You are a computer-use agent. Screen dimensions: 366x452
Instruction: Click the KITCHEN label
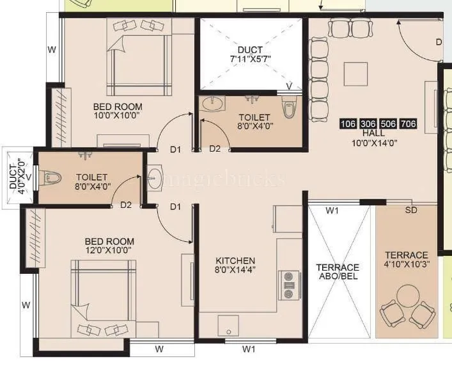[x=235, y=260]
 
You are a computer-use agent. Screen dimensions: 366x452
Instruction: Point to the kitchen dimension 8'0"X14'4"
[x=235, y=271]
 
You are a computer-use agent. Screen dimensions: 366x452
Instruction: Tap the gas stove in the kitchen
[x=290, y=285]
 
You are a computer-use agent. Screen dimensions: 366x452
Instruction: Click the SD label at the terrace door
[x=412, y=210]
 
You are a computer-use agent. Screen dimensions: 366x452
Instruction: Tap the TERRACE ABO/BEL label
[x=338, y=272]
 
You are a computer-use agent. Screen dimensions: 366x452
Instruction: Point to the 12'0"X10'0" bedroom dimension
[x=109, y=252]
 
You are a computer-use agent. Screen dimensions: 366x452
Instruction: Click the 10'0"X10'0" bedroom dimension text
[x=118, y=116]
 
